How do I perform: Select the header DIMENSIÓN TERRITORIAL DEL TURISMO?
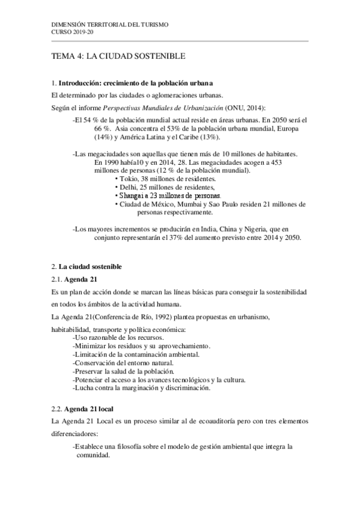(111, 24)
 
